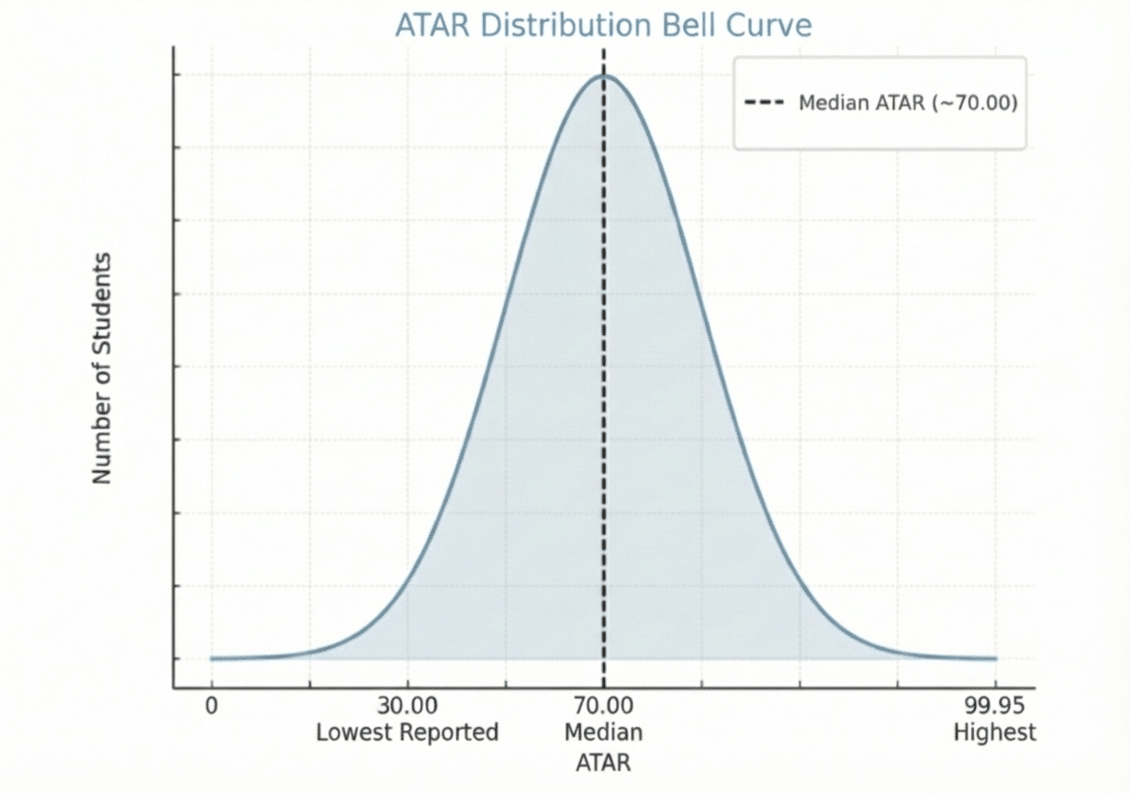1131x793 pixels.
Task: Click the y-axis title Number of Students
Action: coord(102,367)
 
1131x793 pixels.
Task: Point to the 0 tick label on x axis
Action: coord(211,707)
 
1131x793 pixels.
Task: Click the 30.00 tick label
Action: coord(407,707)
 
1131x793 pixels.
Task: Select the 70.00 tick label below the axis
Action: coord(603,707)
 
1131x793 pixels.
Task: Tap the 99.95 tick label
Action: coord(994,707)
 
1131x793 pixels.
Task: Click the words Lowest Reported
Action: coord(407,732)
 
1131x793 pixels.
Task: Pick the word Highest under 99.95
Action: coord(994,732)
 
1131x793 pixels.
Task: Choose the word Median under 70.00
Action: coord(603,732)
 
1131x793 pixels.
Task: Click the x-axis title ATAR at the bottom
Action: coord(603,762)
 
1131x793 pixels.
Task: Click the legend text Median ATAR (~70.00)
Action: coord(908,103)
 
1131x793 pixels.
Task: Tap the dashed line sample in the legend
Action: coord(764,103)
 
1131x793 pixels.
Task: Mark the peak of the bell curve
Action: coord(604,75)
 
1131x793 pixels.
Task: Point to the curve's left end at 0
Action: coord(212,658)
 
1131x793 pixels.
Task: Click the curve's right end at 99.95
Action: coord(995,658)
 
